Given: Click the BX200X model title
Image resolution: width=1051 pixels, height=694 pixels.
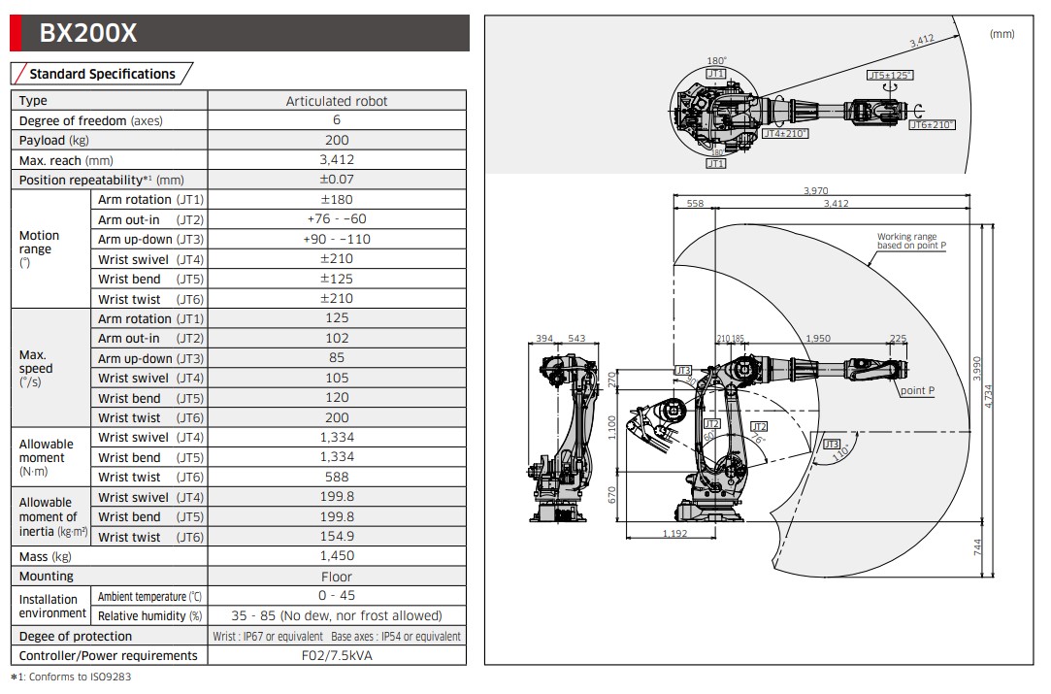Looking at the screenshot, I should click(87, 34).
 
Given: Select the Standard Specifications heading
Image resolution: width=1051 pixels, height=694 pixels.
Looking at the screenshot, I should click(102, 74).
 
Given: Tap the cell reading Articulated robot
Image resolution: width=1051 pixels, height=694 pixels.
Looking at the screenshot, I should click(337, 101).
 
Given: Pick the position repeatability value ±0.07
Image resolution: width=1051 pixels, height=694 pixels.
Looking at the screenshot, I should click(337, 180).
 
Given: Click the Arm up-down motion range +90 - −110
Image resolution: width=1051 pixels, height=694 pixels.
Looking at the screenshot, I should click(337, 239).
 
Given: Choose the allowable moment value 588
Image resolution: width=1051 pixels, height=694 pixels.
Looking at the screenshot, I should click(337, 477).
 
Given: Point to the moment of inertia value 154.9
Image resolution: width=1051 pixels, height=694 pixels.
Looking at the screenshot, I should click(337, 536).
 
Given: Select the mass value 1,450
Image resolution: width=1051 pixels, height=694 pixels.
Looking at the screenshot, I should click(337, 556).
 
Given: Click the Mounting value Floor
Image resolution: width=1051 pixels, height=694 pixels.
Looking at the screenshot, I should click(337, 577).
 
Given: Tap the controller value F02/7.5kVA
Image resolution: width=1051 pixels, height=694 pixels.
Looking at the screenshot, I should click(337, 656).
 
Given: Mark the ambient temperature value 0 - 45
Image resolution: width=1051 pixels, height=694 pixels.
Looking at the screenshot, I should click(337, 596).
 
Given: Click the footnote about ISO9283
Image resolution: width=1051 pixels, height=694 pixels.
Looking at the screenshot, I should click(70, 677).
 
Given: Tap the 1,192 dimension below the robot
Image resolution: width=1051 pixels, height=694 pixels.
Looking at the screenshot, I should click(675, 533).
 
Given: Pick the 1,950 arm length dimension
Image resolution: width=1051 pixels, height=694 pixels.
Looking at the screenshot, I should click(818, 339).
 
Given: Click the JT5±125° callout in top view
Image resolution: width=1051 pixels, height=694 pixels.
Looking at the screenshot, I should click(890, 75).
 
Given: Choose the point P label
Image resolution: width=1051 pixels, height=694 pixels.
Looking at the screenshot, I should click(917, 390).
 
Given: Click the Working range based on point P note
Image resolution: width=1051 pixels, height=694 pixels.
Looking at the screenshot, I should click(910, 241).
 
